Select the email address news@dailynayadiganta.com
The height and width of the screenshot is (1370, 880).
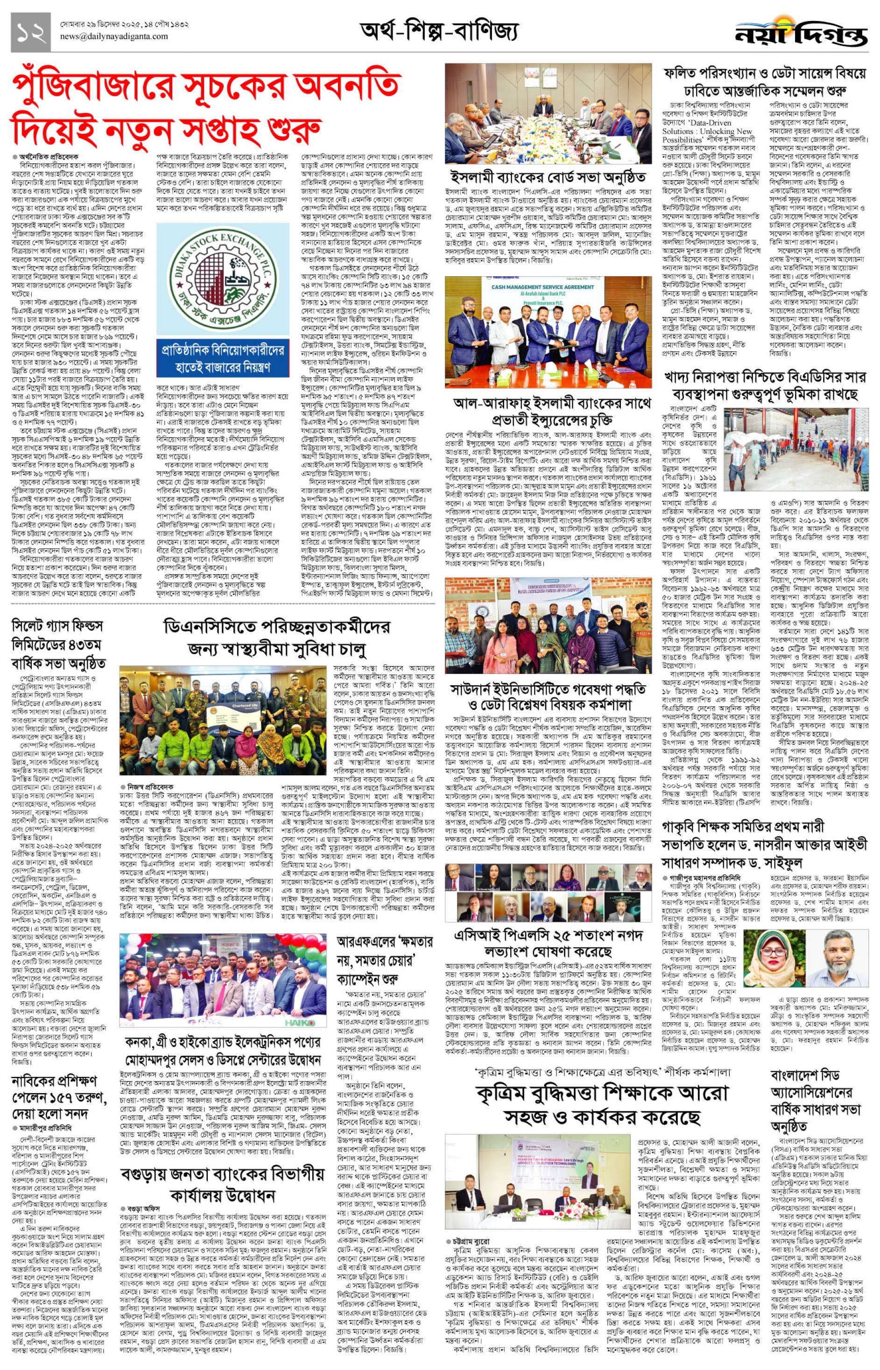pos(114,36)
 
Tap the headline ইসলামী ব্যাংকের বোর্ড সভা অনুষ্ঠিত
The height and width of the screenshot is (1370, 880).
pos(548,177)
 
